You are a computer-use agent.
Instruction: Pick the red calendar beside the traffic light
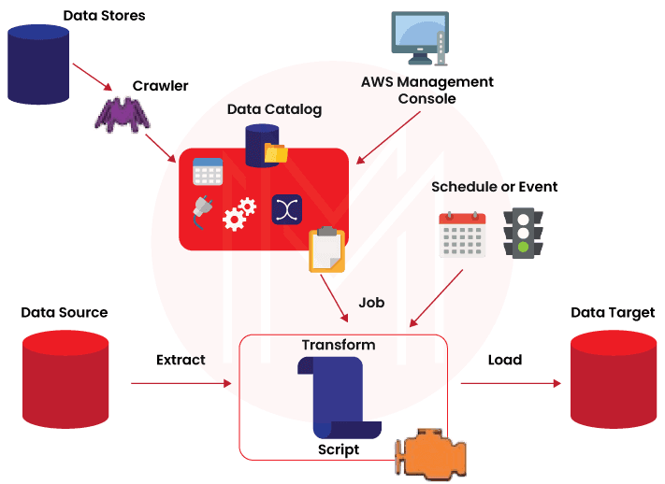[x=462, y=235]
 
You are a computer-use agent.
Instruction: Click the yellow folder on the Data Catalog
[x=277, y=151]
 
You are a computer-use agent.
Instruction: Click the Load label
[x=504, y=360]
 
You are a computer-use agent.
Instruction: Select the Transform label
[x=338, y=345]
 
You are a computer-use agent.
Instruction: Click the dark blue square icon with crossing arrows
[x=284, y=208]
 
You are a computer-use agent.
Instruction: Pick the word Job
[x=371, y=303]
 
